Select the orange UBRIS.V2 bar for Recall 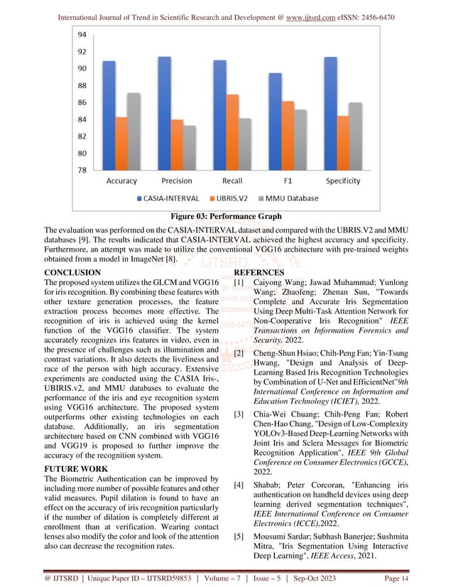click(232, 132)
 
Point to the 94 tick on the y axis click(82, 34)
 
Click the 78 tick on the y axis click(82, 170)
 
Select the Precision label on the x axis click(177, 181)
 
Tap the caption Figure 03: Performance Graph click(226, 216)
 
